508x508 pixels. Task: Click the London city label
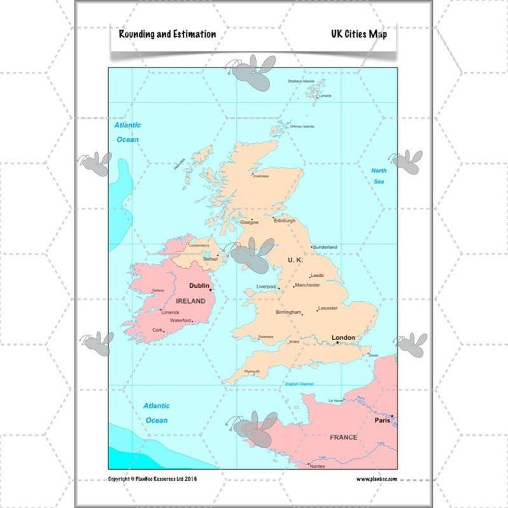tap(342, 337)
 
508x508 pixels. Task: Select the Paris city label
tap(382, 420)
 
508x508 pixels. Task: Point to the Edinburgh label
tap(285, 220)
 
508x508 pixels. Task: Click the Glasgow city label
tap(249, 222)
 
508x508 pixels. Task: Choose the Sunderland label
tap(325, 247)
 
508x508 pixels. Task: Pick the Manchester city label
tap(307, 285)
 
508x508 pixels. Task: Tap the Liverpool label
tap(266, 286)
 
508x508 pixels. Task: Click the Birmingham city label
tap(288, 313)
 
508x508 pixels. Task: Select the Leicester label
tap(327, 308)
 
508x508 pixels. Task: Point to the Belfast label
tap(210, 259)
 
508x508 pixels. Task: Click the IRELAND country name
tap(190, 301)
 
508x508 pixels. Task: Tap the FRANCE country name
tap(343, 437)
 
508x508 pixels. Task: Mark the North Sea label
tap(379, 176)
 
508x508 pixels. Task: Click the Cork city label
tap(157, 330)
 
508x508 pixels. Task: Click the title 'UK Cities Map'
tap(358, 34)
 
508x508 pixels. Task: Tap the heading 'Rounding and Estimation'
tap(167, 34)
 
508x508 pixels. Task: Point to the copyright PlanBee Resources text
tap(152, 479)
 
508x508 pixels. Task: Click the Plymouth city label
tap(252, 371)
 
